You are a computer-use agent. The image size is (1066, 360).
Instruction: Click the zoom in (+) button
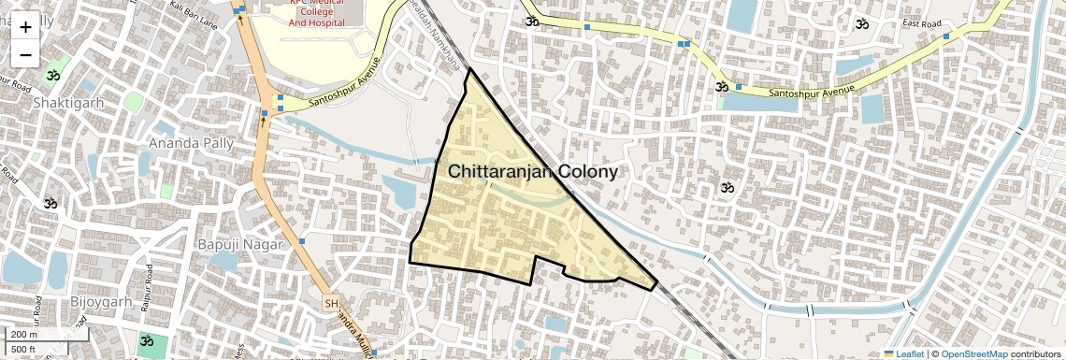click(25, 26)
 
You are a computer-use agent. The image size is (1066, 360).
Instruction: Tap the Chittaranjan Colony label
click(533, 172)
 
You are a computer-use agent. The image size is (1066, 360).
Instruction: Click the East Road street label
click(921, 23)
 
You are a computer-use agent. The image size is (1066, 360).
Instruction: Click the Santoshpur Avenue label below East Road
click(812, 92)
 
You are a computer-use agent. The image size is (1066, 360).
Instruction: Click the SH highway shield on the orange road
click(330, 304)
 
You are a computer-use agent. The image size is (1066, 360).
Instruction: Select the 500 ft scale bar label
click(24, 350)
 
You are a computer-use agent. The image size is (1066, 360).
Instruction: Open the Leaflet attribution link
click(904, 353)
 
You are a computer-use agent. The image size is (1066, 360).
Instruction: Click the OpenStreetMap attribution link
click(973, 353)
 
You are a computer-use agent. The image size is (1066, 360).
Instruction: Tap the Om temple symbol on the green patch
click(146, 342)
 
